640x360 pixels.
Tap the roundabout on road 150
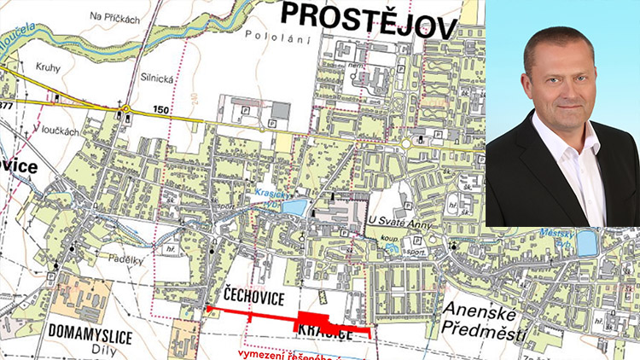(x=125, y=108)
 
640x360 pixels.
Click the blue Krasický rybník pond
(x=293, y=206)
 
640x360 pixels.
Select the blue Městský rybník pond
(x=587, y=243)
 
